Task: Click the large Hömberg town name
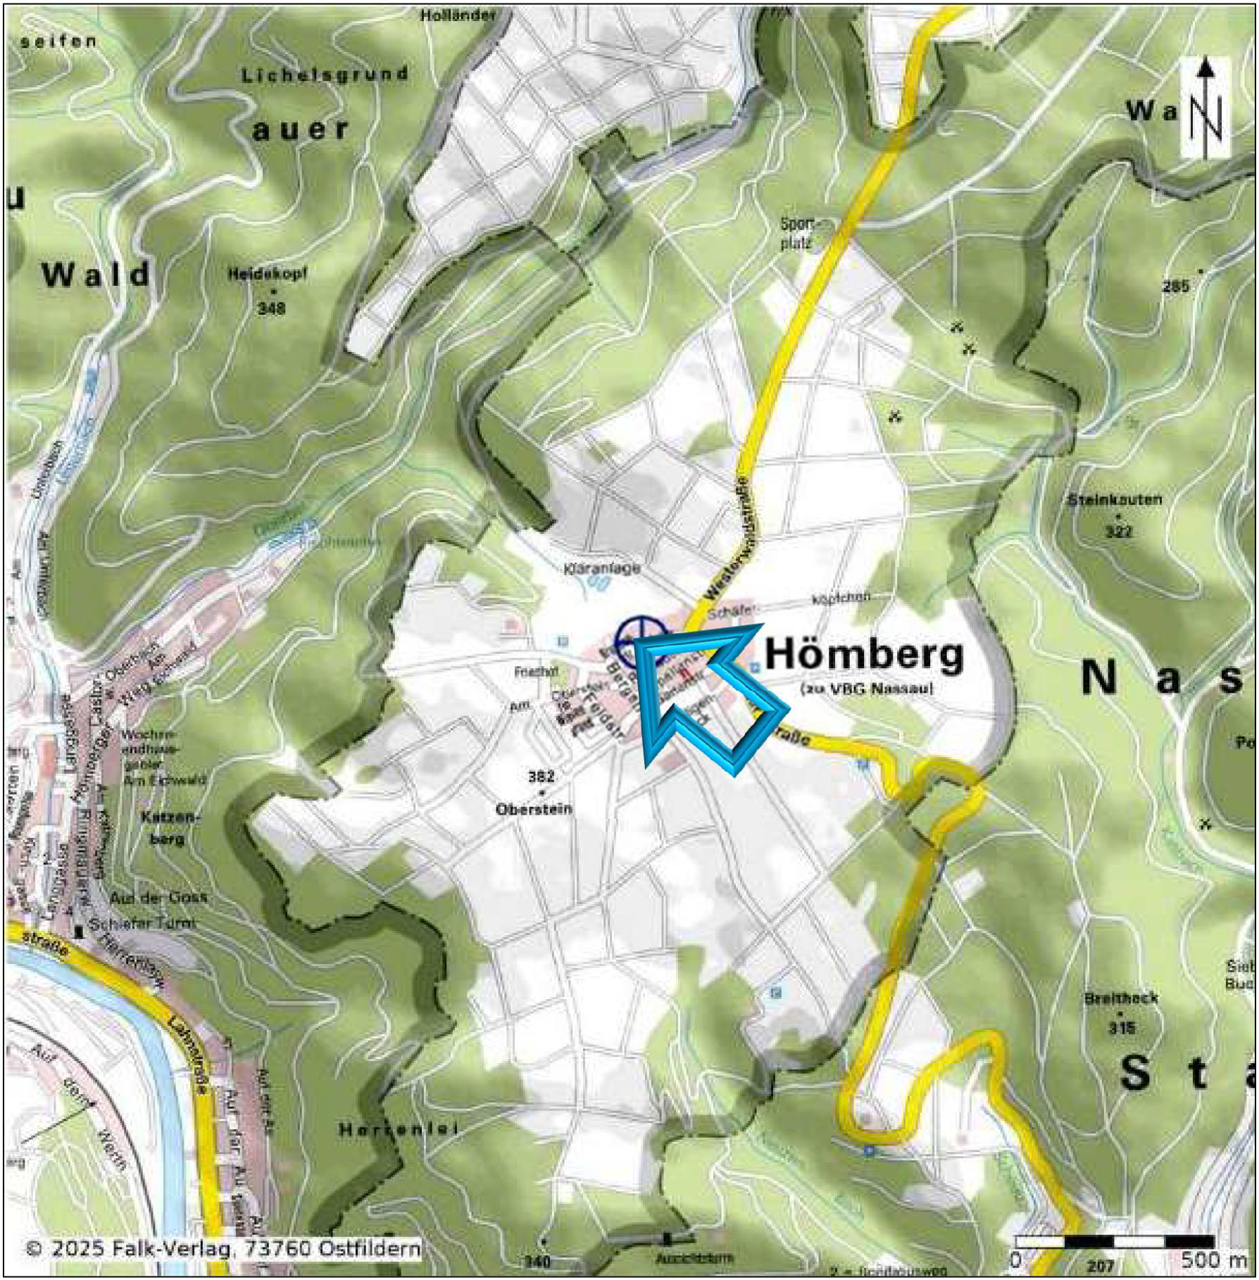pyautogui.click(x=863, y=655)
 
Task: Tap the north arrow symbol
pyautogui.click(x=1205, y=107)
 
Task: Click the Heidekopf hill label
pyautogui.click(x=267, y=274)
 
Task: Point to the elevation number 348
pyautogui.click(x=271, y=308)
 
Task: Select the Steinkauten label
pyautogui.click(x=1114, y=500)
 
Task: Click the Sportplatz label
pyautogui.click(x=797, y=234)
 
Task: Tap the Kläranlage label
pyautogui.click(x=602, y=567)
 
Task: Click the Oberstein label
pyautogui.click(x=533, y=809)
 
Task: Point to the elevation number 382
pyautogui.click(x=541, y=776)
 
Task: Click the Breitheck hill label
pyautogui.click(x=1121, y=998)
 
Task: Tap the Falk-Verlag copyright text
pyautogui.click(x=223, y=1248)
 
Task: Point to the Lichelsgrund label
pyautogui.click(x=325, y=74)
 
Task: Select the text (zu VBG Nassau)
pyautogui.click(x=867, y=689)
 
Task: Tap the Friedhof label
pyautogui.click(x=536, y=672)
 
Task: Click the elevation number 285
pyautogui.click(x=1175, y=286)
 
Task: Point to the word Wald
pyautogui.click(x=96, y=275)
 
